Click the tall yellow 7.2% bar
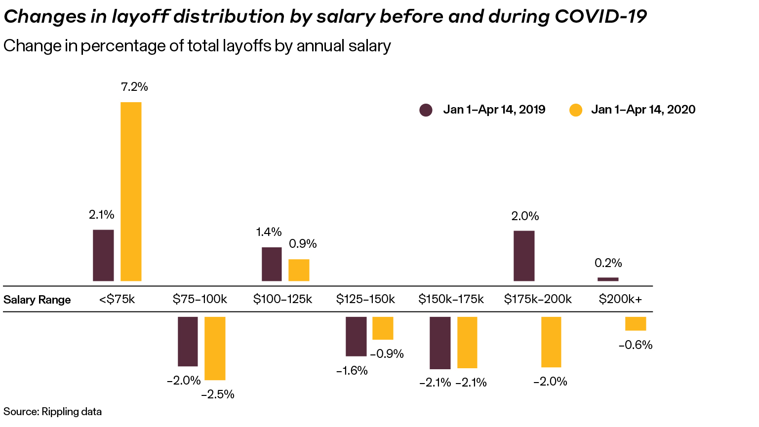click(131, 192)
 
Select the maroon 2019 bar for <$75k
click(103, 255)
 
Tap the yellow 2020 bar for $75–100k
click(215, 348)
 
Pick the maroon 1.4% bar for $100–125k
click(272, 264)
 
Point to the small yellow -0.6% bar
click(636, 323)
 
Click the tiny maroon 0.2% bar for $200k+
click(608, 279)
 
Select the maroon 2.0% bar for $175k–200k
click(524, 256)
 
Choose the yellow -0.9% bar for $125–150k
click(383, 328)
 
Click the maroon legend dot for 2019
click(426, 110)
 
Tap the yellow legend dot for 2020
click(576, 110)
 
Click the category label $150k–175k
click(451, 299)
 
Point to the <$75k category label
click(117, 299)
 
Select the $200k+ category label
click(620, 299)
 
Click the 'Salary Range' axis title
click(37, 300)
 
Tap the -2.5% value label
click(218, 394)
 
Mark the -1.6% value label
click(352, 371)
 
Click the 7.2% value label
click(134, 87)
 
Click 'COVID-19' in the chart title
click(600, 16)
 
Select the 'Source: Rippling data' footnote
click(52, 411)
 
